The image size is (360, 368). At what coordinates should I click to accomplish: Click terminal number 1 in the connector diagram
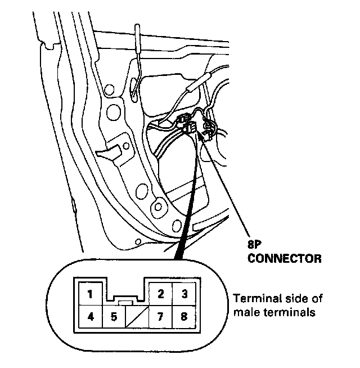tap(91, 293)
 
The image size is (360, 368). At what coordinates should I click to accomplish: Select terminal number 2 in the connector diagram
tap(160, 293)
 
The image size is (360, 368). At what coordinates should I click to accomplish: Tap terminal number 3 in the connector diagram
tap(183, 293)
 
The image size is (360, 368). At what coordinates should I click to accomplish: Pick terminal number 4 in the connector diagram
tap(91, 316)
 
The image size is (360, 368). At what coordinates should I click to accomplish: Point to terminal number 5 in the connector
tap(114, 316)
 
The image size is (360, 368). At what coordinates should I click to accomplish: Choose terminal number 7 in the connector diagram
tap(160, 316)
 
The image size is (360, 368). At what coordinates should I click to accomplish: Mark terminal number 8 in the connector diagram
tap(183, 316)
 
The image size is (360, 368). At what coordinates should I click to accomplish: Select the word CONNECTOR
tap(285, 259)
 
